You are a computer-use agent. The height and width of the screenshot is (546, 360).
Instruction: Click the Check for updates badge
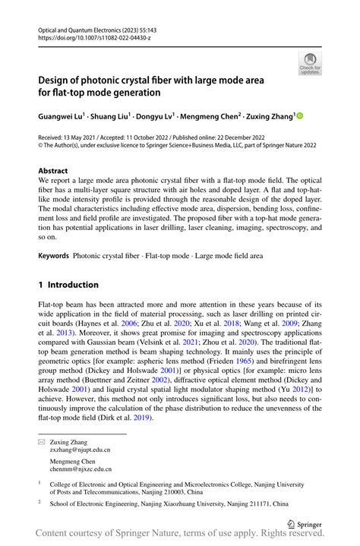(x=309, y=63)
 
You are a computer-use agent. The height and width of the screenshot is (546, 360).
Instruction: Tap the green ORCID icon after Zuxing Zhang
(x=298, y=116)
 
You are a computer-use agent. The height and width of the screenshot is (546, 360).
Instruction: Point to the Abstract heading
(x=53, y=171)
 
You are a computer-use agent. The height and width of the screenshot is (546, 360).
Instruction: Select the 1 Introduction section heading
(x=69, y=286)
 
